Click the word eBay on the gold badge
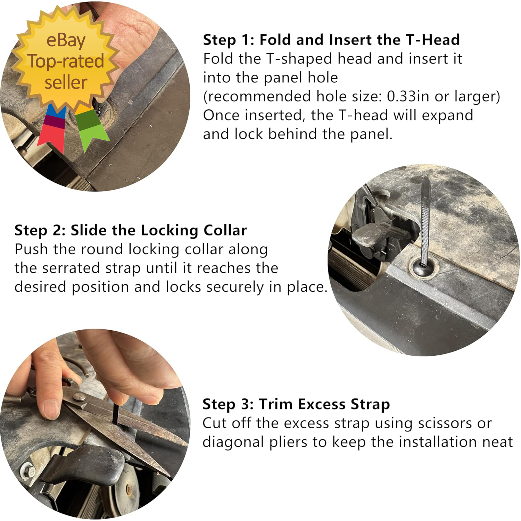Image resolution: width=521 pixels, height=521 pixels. click(66, 41)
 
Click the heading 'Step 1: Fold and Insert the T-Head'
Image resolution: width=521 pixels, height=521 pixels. click(331, 40)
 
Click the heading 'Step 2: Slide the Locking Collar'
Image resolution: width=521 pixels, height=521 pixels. click(131, 230)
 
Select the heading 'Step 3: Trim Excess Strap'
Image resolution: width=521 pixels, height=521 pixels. click(296, 404)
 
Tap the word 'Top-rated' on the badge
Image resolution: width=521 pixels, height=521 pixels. click(66, 62)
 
